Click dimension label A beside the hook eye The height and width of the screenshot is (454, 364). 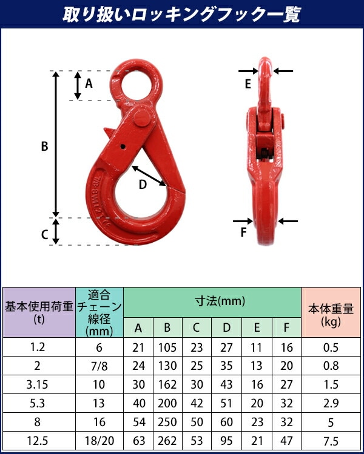click(x=89, y=84)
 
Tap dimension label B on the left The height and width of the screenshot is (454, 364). click(x=44, y=146)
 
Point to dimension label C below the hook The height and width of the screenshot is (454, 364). click(x=44, y=235)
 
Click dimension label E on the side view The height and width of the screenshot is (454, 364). click(x=248, y=85)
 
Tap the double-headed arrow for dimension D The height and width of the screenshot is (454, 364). click(x=149, y=175)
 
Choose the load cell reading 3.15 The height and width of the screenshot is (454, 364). click(x=39, y=385)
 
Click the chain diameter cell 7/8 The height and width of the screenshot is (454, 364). click(x=99, y=366)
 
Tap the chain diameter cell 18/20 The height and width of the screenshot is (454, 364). click(x=99, y=441)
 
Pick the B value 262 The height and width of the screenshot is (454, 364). click(x=167, y=441)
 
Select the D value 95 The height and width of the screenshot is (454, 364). click(x=226, y=441)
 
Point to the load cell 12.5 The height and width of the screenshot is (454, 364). click(x=39, y=441)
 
